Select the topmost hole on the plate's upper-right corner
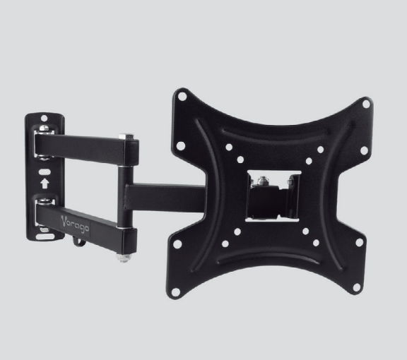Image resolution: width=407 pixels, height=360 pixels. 365,103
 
